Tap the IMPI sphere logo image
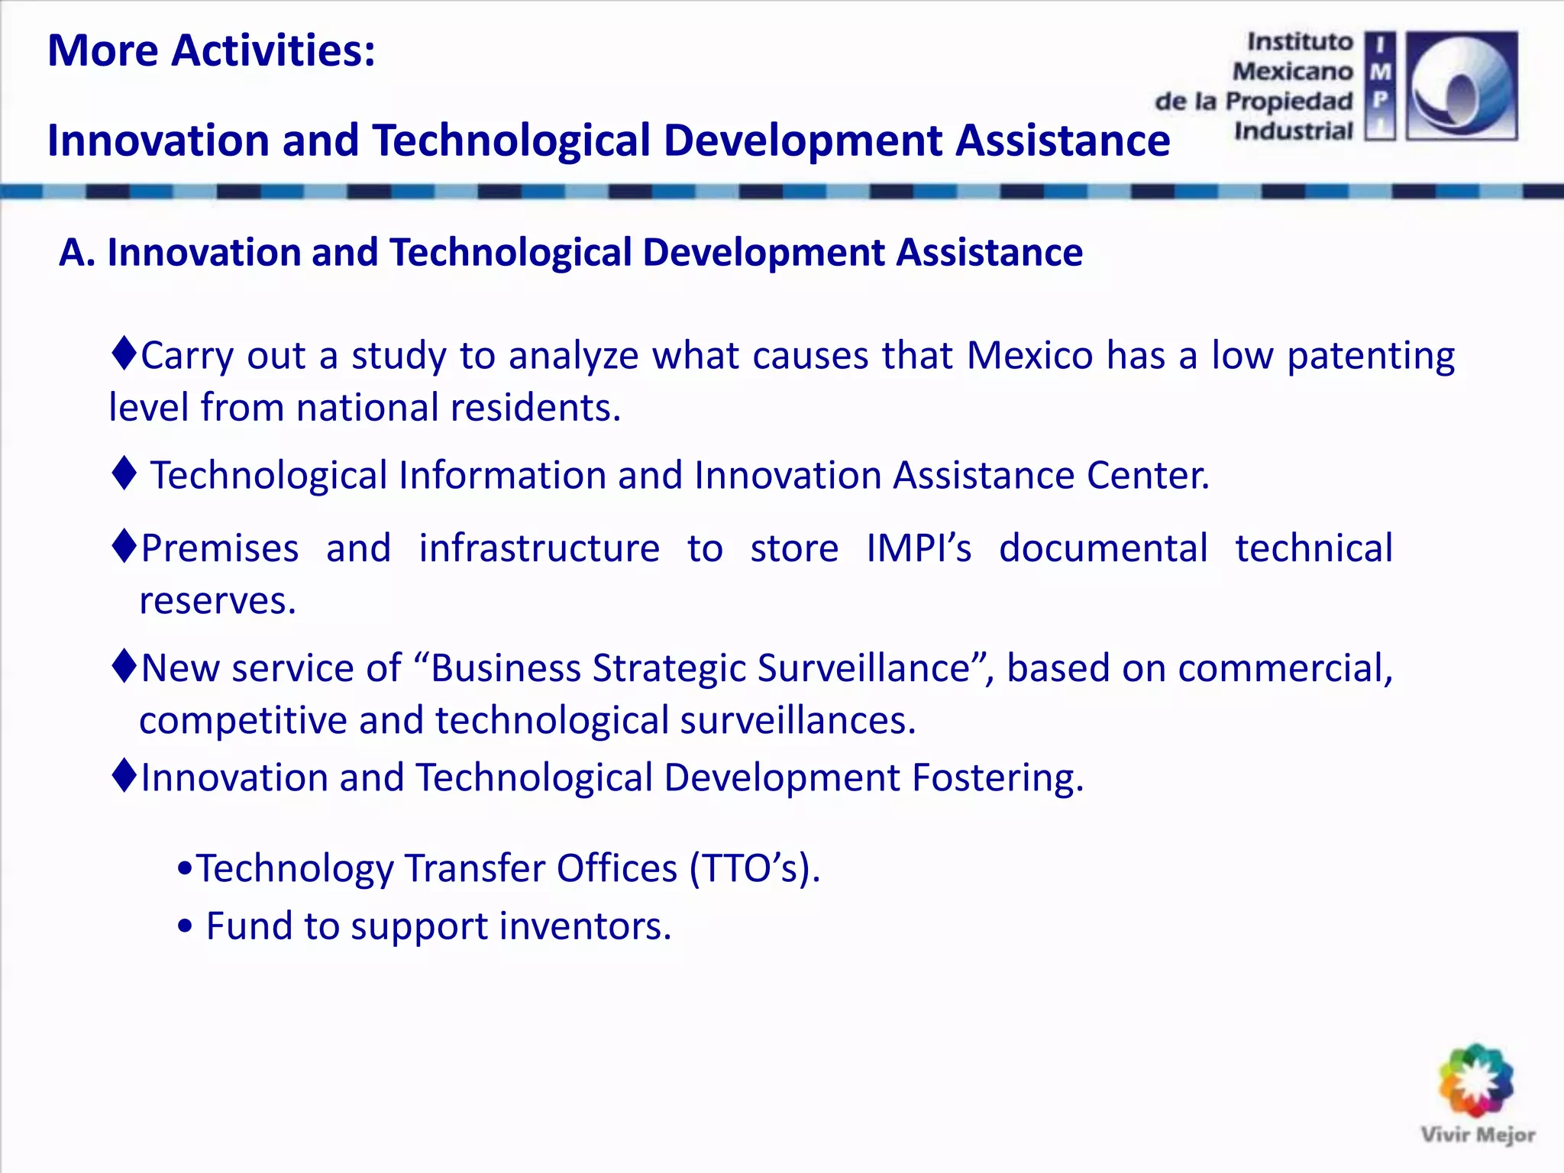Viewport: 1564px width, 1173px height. [x=1461, y=86]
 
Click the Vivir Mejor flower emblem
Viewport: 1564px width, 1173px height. [x=1475, y=1081]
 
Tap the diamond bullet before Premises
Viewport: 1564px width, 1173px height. [x=124, y=547]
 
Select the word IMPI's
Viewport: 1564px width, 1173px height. [x=919, y=549]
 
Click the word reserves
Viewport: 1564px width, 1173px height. [x=217, y=601]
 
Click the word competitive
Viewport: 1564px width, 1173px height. [x=242, y=721]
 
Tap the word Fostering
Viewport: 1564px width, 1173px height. [x=997, y=778]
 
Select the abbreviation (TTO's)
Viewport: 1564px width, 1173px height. [x=755, y=869]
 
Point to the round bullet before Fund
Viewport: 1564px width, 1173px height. [x=185, y=927]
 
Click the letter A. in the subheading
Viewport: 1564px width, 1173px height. [x=76, y=253]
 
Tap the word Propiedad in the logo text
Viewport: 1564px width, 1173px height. [x=1288, y=102]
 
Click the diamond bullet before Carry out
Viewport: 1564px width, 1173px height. [x=124, y=354]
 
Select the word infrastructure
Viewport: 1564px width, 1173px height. [x=539, y=549]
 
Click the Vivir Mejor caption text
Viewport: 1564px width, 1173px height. [x=1477, y=1135]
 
